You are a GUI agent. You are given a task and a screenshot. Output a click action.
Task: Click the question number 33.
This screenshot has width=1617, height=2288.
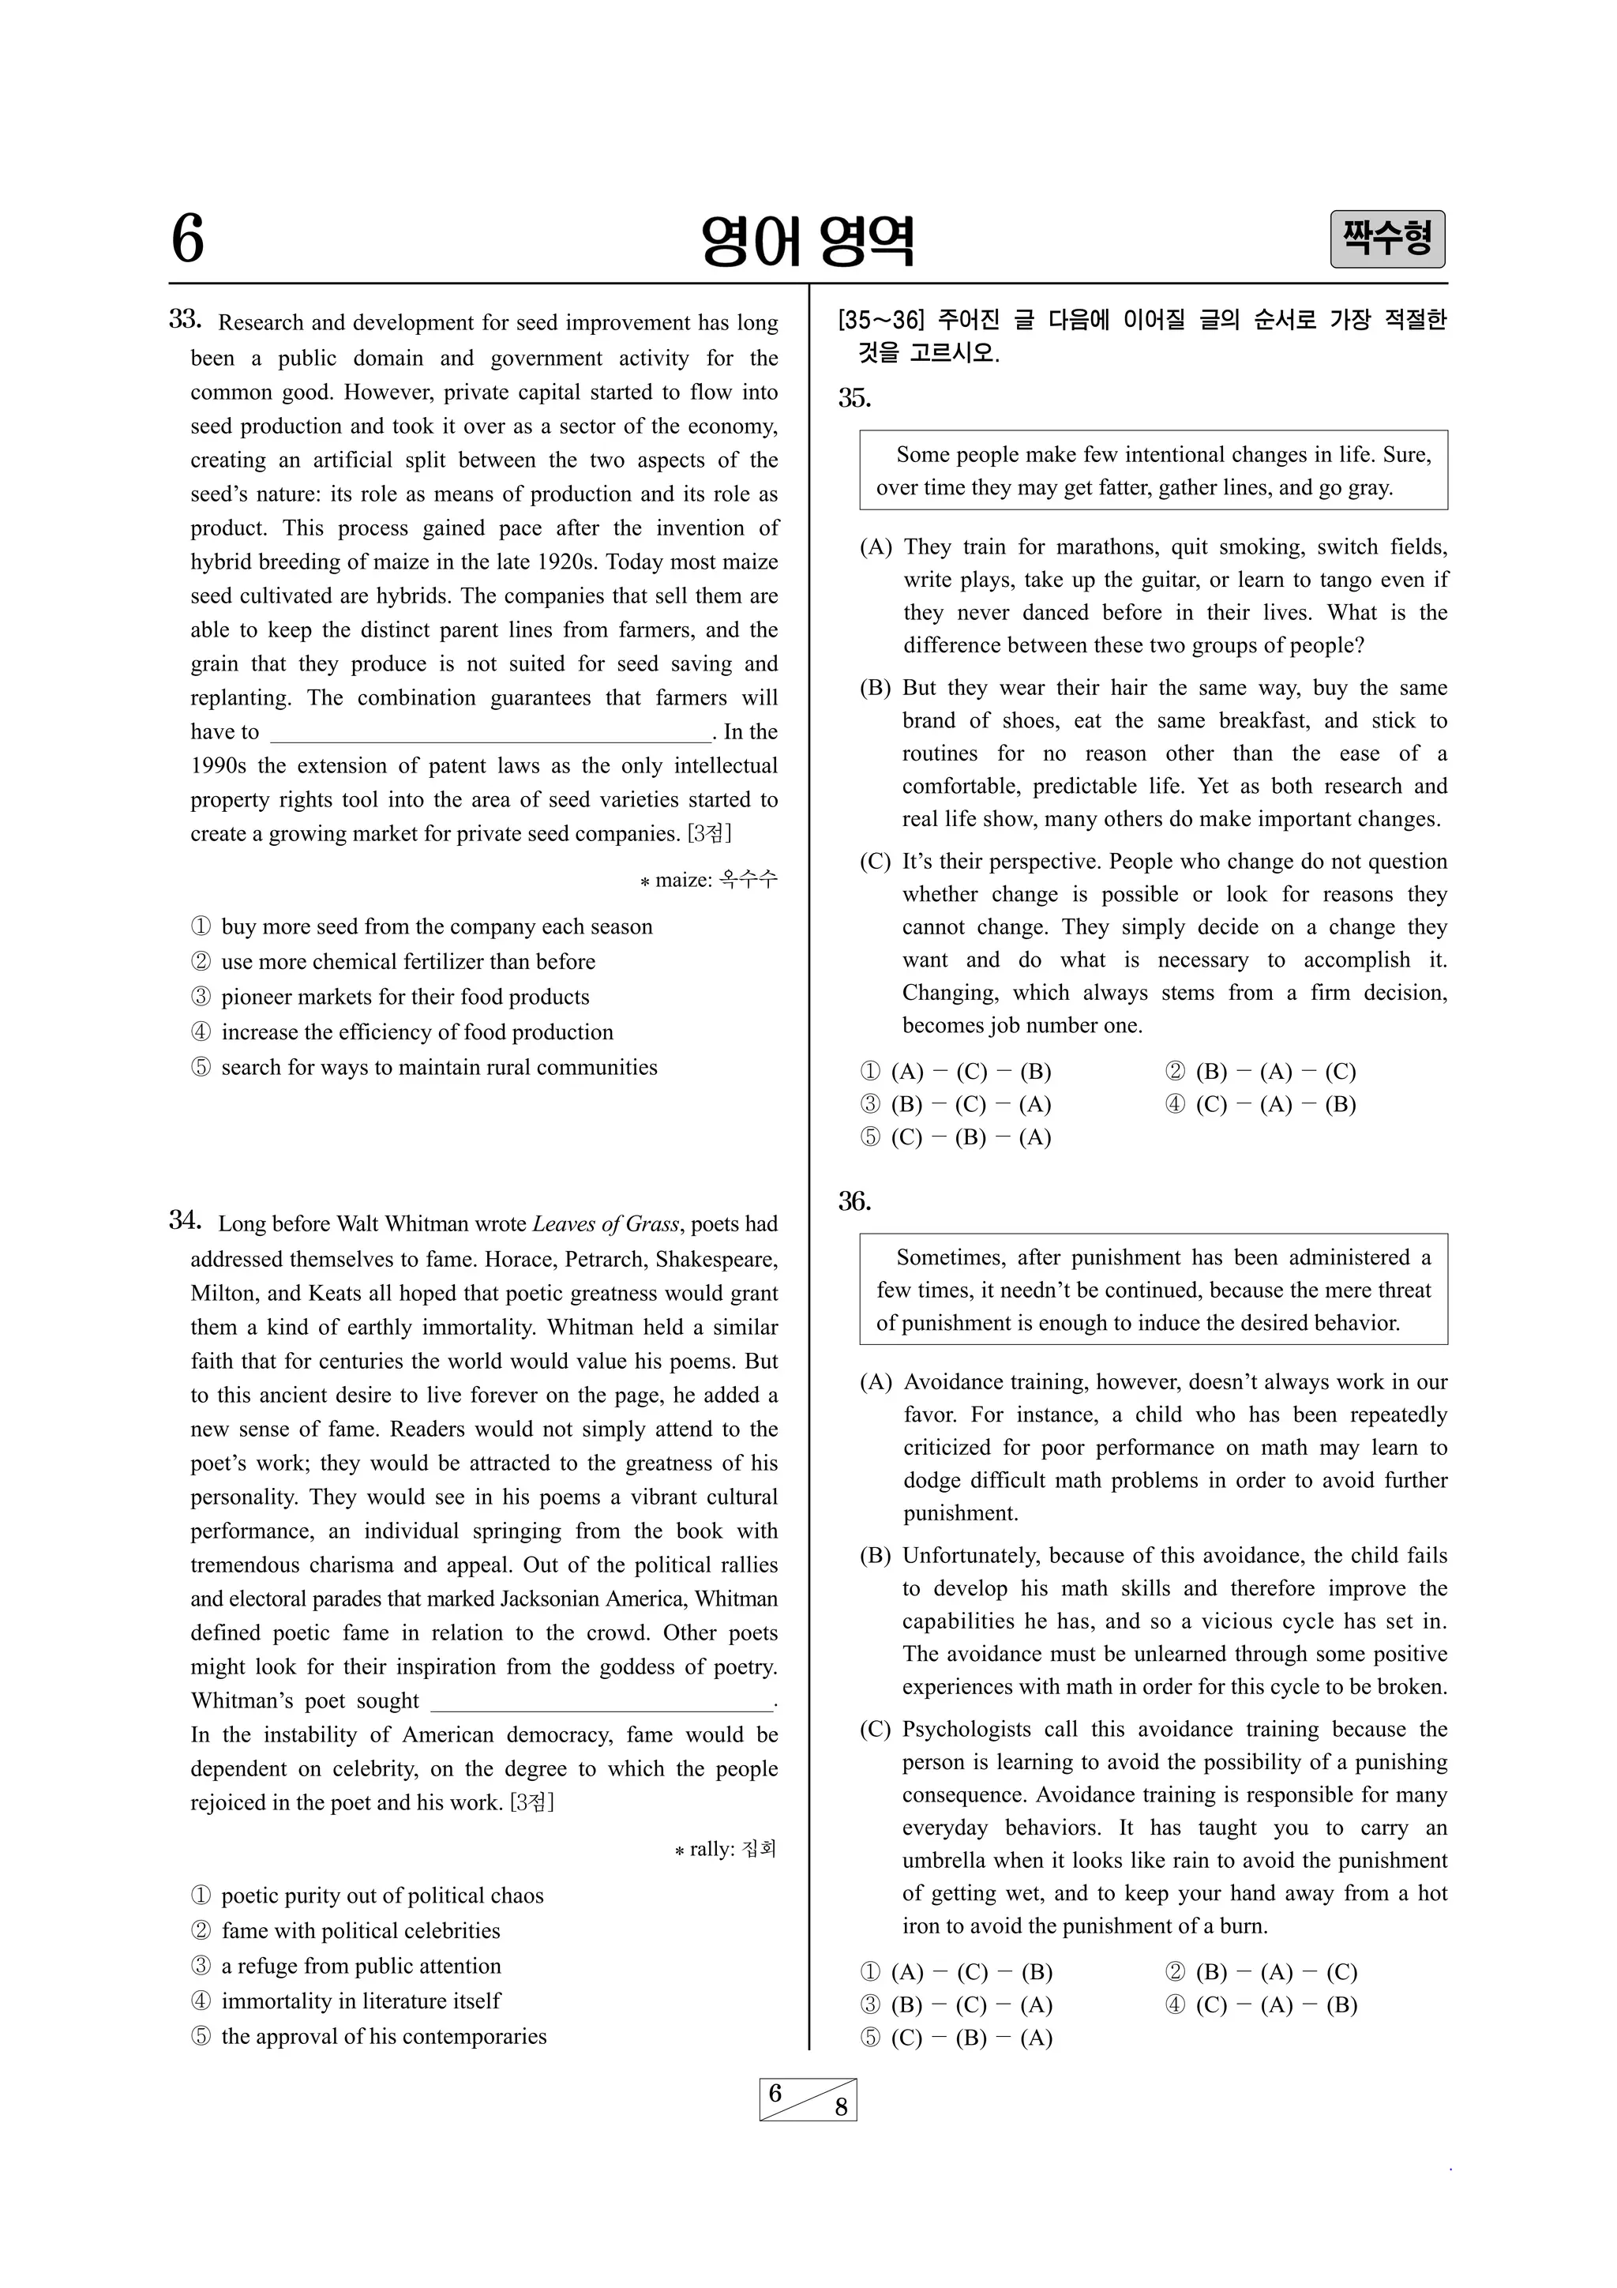click(186, 320)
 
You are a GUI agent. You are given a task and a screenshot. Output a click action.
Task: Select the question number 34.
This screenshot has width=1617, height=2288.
click(186, 1221)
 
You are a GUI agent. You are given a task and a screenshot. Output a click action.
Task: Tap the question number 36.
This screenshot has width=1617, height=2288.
click(854, 1202)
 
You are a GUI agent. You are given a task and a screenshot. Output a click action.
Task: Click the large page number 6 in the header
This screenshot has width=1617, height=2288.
click(187, 240)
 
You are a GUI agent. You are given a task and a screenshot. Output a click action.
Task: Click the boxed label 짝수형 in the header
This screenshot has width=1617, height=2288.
click(1387, 239)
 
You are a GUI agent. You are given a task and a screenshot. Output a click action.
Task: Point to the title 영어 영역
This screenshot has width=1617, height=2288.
click(807, 241)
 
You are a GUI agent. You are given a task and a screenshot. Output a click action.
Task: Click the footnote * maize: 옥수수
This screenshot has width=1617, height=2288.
click(708, 880)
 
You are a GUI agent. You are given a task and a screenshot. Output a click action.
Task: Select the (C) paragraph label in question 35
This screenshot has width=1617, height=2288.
click(875, 862)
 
